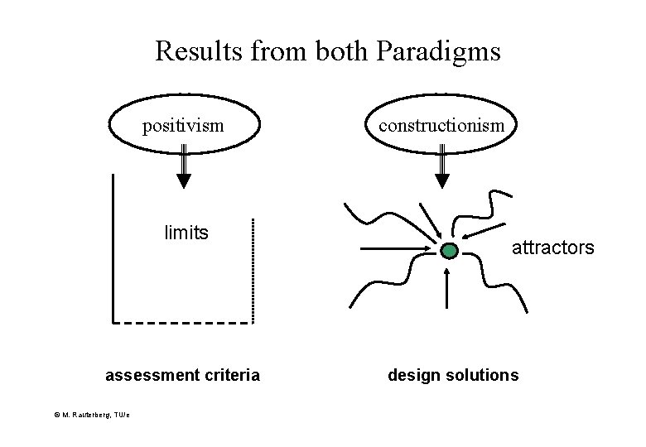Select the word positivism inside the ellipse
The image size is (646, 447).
click(183, 126)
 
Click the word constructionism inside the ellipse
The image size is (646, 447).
click(441, 125)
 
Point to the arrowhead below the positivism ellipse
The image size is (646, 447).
click(185, 180)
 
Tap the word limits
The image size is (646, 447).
click(186, 233)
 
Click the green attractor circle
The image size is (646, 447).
click(448, 250)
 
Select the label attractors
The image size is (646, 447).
click(552, 247)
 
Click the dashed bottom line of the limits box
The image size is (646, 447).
click(182, 321)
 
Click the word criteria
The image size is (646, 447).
click(231, 376)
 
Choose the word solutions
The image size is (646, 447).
click(484, 375)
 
